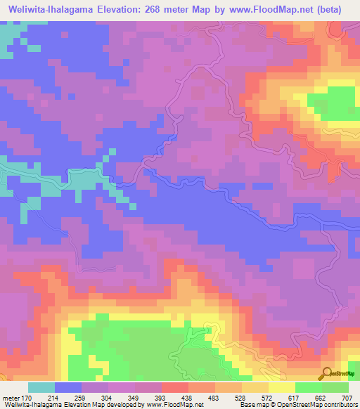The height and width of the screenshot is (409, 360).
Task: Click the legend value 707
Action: pos(349,398)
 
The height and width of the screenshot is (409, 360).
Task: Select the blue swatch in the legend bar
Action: pos(68,387)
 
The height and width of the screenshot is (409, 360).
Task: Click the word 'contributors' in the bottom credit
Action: pos(340,405)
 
